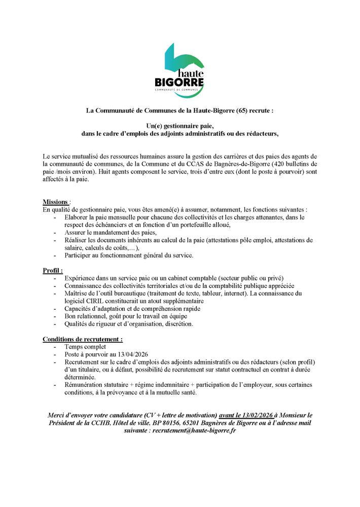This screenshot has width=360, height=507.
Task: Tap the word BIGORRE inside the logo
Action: point(179,81)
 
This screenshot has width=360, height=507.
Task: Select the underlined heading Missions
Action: point(55,202)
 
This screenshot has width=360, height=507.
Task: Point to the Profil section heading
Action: point(52,271)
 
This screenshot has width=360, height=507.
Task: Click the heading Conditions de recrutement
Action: point(83,339)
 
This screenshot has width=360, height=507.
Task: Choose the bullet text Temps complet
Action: point(85,347)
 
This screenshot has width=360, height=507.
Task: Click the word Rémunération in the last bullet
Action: point(87,385)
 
